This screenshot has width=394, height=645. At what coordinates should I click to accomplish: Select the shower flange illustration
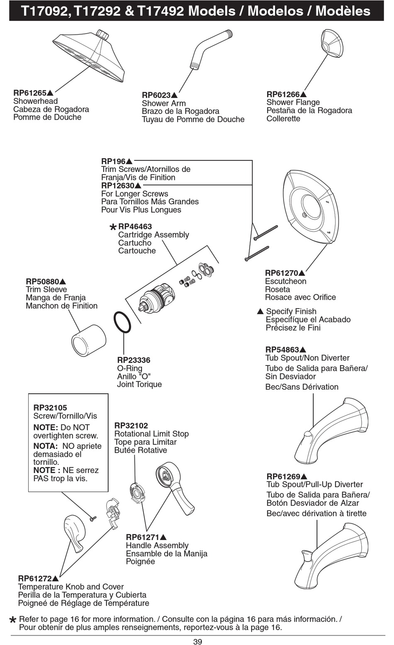[332, 44]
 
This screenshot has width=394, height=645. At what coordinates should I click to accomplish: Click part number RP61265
[30, 93]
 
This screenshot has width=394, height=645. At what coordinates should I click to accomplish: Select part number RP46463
[135, 226]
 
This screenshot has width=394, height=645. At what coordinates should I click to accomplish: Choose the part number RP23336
[134, 360]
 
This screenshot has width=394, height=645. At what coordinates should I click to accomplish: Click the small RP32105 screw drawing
[93, 518]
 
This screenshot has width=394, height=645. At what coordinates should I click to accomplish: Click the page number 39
[197, 642]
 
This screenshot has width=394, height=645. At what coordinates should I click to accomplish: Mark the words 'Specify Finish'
[291, 311]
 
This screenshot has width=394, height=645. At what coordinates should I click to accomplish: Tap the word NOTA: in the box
[46, 446]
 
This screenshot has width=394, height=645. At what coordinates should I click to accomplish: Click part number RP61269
[283, 476]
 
